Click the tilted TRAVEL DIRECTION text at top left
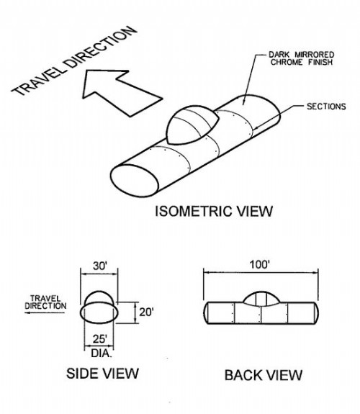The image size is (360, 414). pyautogui.click(x=74, y=60)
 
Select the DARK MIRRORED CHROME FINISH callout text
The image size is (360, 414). pyautogui.click(x=302, y=58)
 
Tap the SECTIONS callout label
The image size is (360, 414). pyautogui.click(x=326, y=107)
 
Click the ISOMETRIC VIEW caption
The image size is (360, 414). pyautogui.click(x=214, y=211)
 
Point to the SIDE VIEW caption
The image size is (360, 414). pyautogui.click(x=102, y=374)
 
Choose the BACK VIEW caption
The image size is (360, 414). pyautogui.click(x=264, y=375)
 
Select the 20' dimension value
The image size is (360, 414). pyautogui.click(x=146, y=312)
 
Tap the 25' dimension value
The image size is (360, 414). pyautogui.click(x=100, y=339)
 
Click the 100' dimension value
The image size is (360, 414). pyautogui.click(x=260, y=264)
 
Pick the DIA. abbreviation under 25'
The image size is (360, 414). pyautogui.click(x=102, y=354)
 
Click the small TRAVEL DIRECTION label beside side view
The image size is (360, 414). pyautogui.click(x=45, y=302)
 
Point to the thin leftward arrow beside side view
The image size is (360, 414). pyautogui.click(x=45, y=313)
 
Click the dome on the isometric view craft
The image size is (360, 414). pyautogui.click(x=192, y=124)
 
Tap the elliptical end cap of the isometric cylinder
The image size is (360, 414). pyautogui.click(x=135, y=181)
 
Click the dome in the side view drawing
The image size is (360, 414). pyautogui.click(x=99, y=297)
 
